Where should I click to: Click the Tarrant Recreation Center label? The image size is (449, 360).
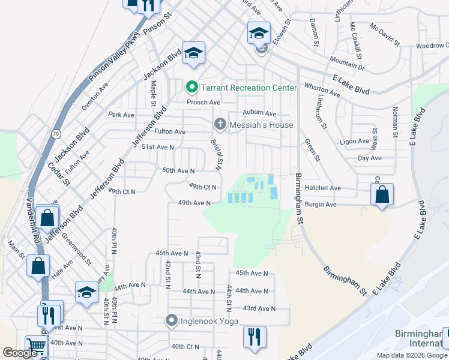[x=249, y=88]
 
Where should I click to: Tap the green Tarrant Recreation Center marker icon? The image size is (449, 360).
[x=192, y=88]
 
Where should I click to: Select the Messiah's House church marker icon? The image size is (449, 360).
[x=220, y=125]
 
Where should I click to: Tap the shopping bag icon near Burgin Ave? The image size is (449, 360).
[x=382, y=194]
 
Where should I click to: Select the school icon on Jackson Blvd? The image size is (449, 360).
[x=194, y=53]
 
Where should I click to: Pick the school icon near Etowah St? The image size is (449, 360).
[x=259, y=32]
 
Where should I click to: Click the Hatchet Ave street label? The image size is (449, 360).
[x=322, y=188]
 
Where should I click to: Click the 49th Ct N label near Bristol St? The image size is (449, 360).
[x=202, y=187]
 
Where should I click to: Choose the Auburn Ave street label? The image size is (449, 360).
[x=259, y=113]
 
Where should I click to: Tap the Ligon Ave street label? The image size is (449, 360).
[x=354, y=142]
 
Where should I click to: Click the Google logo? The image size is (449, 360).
[x=20, y=353]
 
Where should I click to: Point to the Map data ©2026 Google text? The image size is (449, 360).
[x=412, y=355]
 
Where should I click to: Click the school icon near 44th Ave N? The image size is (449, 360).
[x=86, y=292]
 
